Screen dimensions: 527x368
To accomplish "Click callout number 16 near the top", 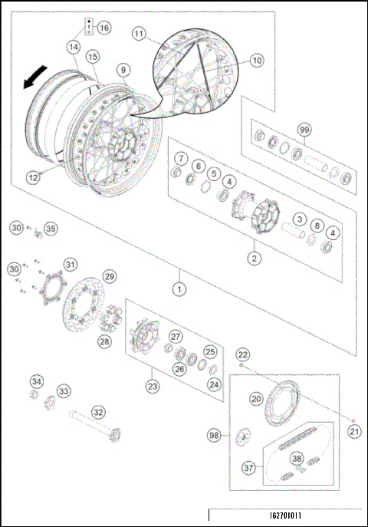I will [103, 28].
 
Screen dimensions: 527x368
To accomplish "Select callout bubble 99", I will [305, 131].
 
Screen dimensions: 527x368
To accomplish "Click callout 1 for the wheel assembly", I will [179, 290].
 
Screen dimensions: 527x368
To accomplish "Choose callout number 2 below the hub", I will [252, 259].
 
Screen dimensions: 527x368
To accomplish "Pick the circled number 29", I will [110, 275].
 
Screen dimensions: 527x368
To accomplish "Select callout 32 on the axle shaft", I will [98, 411].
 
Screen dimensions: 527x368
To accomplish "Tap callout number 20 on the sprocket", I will [255, 398].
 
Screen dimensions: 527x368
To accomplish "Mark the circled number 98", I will [214, 435].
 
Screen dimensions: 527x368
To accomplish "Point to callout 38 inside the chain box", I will [296, 460].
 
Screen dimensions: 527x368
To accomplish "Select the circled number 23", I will [153, 387].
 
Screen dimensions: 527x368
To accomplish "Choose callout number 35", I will [51, 228].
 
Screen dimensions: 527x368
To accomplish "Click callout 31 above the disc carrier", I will [70, 265].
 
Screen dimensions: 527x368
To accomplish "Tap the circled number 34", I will [37, 381].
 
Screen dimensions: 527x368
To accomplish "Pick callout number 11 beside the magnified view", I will [139, 34].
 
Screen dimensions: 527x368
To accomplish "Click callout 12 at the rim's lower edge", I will [34, 177].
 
